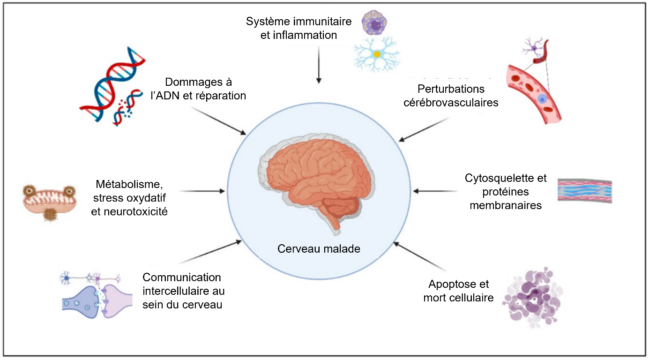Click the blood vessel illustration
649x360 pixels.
tap(534, 94)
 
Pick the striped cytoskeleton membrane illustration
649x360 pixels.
tap(584, 191)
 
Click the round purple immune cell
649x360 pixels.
tap(375, 23)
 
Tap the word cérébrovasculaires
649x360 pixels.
tap(451, 102)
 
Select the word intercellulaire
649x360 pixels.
tap(184, 291)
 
